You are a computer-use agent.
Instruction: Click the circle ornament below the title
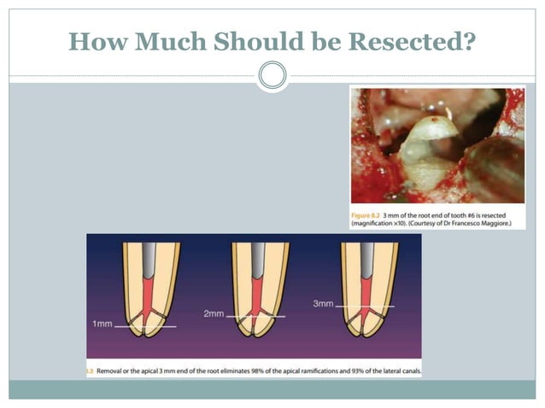[x=272, y=76]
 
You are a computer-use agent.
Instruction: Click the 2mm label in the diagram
[x=214, y=314]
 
